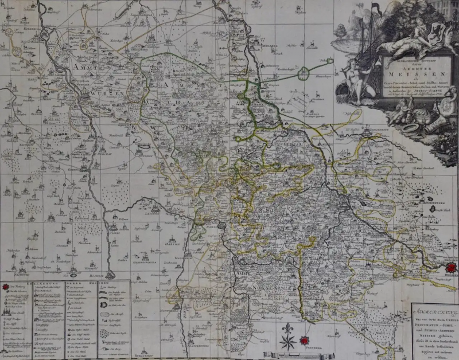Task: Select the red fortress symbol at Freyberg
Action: coord(304,342)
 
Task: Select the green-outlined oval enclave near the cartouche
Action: coord(304,73)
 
